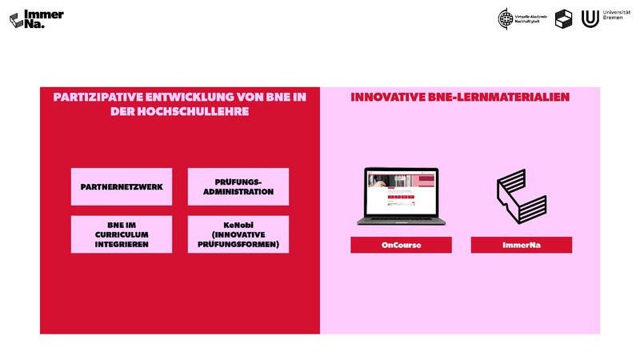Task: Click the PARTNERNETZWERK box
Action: click(122, 186)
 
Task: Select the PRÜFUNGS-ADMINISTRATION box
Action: click(238, 186)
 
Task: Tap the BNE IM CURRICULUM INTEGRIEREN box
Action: click(122, 234)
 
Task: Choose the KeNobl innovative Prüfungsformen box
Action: click(238, 234)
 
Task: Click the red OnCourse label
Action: click(401, 245)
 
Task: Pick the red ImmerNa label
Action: click(521, 245)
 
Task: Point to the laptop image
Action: click(401, 196)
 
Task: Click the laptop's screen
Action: click(401, 190)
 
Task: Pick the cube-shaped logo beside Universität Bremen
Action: click(564, 18)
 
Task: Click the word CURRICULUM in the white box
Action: click(122, 234)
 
